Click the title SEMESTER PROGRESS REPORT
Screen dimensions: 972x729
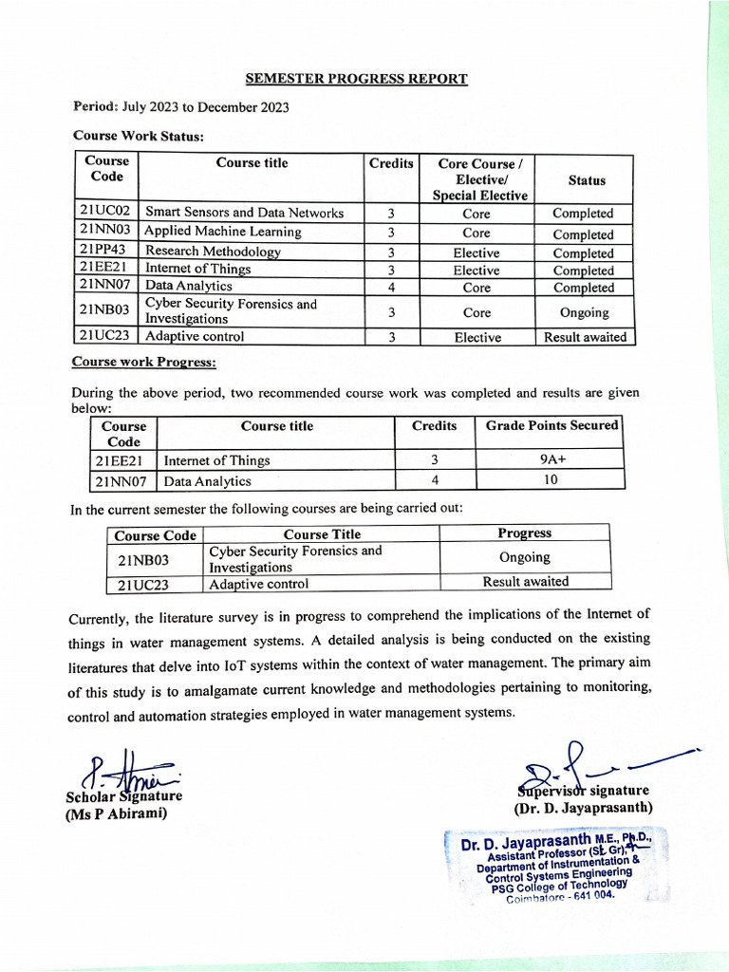[356, 78]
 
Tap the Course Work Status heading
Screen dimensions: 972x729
[138, 136]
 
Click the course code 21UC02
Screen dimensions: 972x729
[105, 212]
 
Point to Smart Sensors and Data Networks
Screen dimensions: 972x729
[244, 213]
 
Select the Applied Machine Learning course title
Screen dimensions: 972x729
[223, 232]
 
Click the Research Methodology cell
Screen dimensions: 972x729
[213, 252]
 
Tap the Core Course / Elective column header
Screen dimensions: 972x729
[479, 178]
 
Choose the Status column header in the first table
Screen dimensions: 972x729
[586, 179]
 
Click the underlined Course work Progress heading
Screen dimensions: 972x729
[144, 363]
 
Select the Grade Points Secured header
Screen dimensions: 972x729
[551, 426]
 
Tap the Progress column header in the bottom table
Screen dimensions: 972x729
[524, 533]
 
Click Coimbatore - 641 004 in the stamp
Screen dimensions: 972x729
[560, 896]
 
